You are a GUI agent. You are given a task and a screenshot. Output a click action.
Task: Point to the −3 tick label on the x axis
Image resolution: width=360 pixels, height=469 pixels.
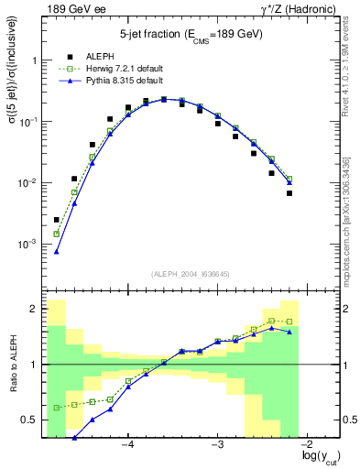click(217, 446)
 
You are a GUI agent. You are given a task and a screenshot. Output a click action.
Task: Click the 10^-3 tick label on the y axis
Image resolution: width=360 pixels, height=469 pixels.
click(29, 245)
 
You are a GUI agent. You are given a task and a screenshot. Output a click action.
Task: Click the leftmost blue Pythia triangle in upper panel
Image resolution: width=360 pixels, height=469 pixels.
click(57, 251)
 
